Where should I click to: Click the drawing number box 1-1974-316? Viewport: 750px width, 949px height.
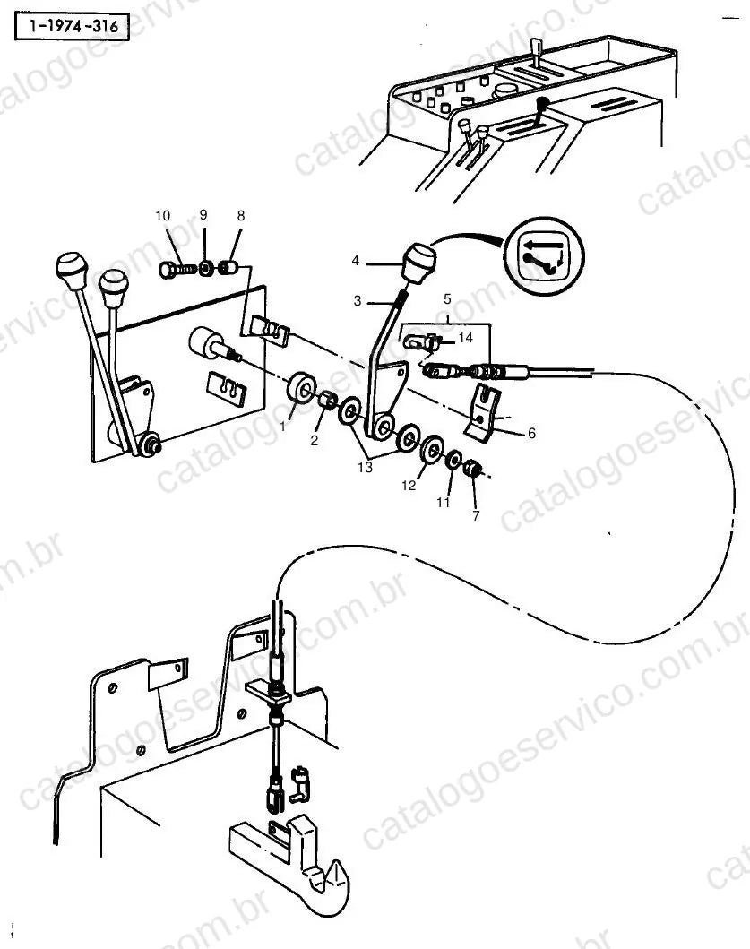click(x=72, y=26)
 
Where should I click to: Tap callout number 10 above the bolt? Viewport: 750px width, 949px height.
click(x=162, y=215)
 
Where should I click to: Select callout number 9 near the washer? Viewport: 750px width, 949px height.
click(x=203, y=215)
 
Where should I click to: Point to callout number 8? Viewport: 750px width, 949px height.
click(x=241, y=215)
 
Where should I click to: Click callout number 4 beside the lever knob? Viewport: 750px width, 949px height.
click(x=356, y=260)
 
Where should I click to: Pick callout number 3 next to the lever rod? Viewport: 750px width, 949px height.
click(x=358, y=301)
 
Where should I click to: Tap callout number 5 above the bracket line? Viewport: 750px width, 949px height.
click(x=447, y=299)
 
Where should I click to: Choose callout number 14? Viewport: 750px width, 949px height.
click(x=465, y=337)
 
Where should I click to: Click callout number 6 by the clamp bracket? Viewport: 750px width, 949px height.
click(x=531, y=433)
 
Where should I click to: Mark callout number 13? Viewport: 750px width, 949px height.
click(x=365, y=467)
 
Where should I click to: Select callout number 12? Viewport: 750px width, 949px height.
click(x=409, y=486)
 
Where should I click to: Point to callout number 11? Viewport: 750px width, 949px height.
click(x=443, y=503)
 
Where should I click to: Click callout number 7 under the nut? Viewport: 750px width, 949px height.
click(x=476, y=515)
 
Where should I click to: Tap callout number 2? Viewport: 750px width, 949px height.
click(x=314, y=441)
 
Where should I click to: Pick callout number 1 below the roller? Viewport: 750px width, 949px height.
click(x=282, y=427)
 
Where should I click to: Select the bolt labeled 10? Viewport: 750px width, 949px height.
click(x=177, y=269)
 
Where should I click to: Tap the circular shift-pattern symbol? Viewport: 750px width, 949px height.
click(x=546, y=255)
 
